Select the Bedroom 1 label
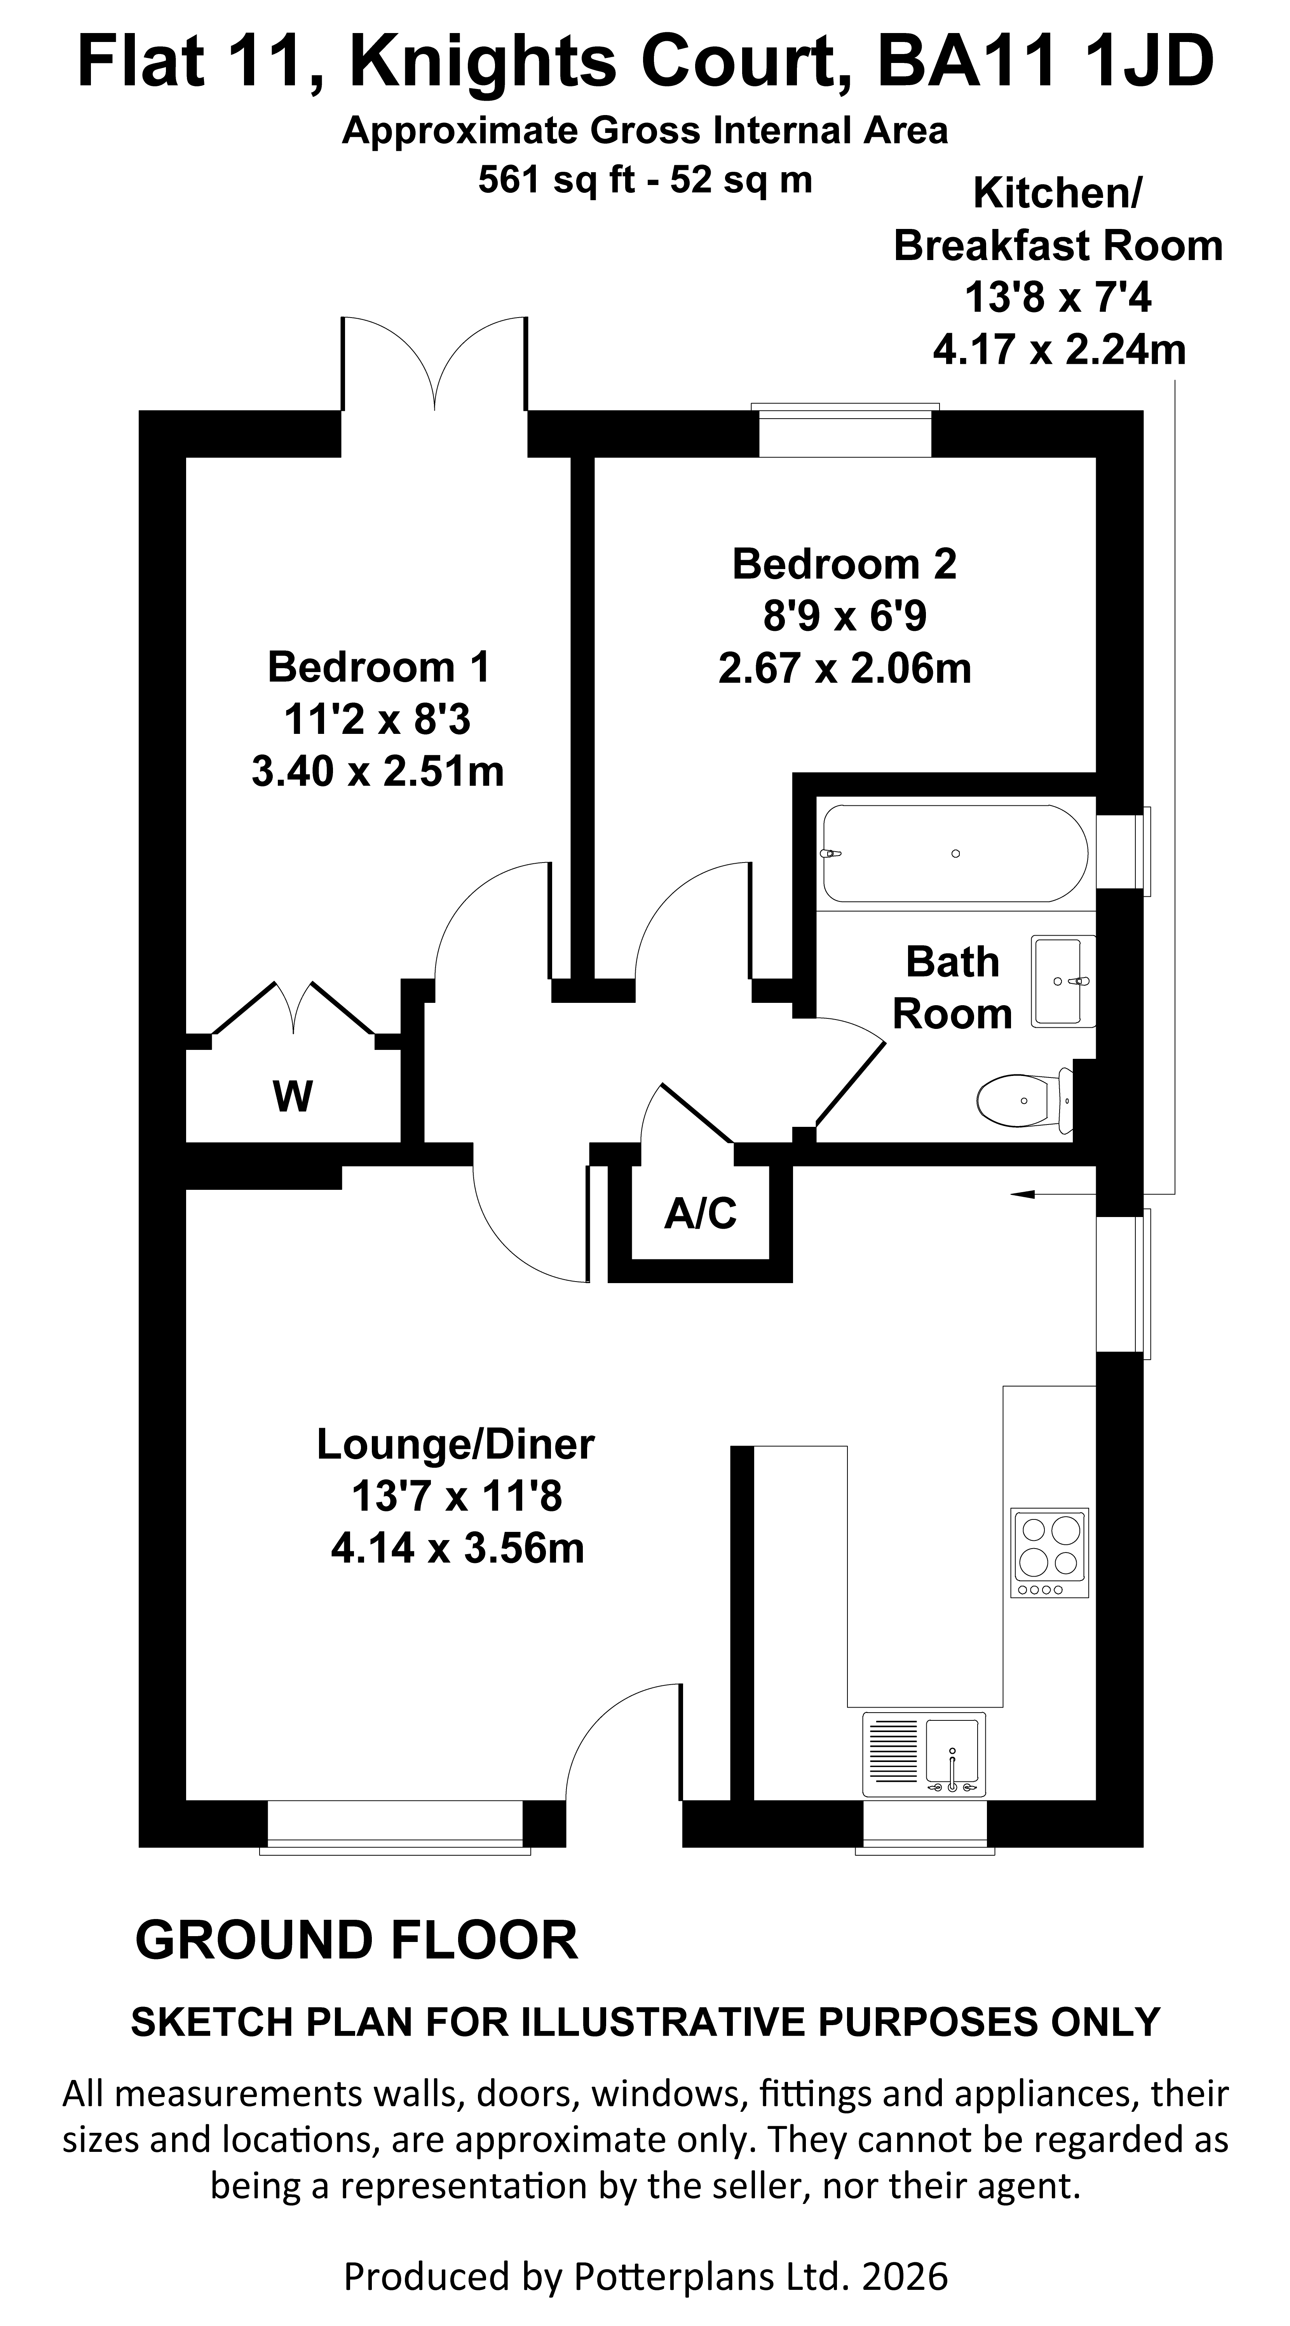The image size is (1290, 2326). point(378,667)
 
